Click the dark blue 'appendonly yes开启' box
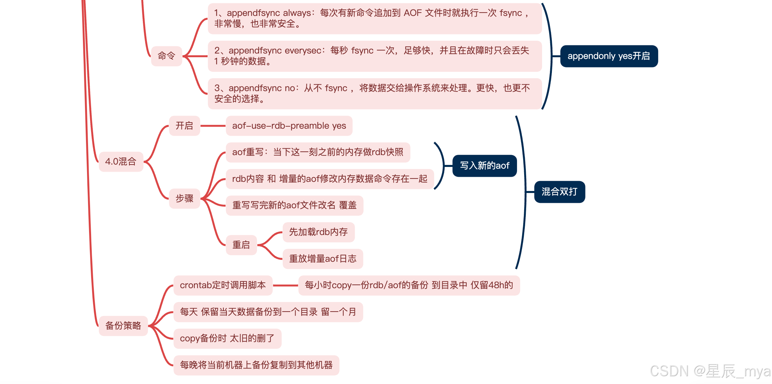pyautogui.click(x=609, y=56)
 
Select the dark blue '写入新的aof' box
pyautogui.click(x=485, y=166)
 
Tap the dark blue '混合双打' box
pyautogui.click(x=559, y=192)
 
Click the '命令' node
pyautogui.click(x=166, y=56)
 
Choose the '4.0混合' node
pyautogui.click(x=121, y=162)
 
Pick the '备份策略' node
pyautogui.click(x=123, y=325)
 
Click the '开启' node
pyautogui.click(x=184, y=126)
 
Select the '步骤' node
pyautogui.click(x=184, y=198)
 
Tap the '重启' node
pyautogui.click(x=241, y=244)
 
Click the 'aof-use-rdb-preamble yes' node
pyautogui.click(x=289, y=126)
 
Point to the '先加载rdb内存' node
pyautogui.click(x=318, y=232)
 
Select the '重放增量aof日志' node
pyautogui.click(x=323, y=259)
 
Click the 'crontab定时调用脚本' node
pyautogui.click(x=223, y=285)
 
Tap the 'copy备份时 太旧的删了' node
pyautogui.click(x=227, y=338)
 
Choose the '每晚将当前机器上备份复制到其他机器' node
pyautogui.click(x=256, y=365)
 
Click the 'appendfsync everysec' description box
pyautogui.click(x=374, y=56)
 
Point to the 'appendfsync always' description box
pyautogui.click(x=374, y=18)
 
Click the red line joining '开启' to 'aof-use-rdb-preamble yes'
pyautogui.click(x=213, y=126)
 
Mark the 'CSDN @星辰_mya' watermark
pyautogui.click(x=710, y=371)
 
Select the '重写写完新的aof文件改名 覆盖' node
pyautogui.click(x=294, y=205)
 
